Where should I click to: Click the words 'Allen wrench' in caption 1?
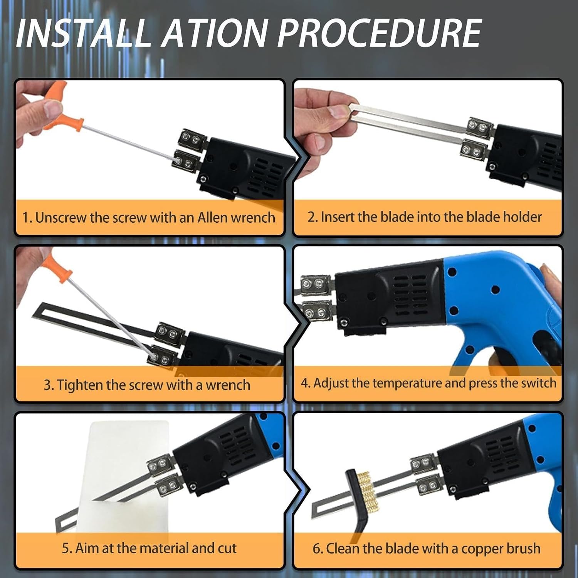pos(236,218)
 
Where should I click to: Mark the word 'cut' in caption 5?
pos(227,548)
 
